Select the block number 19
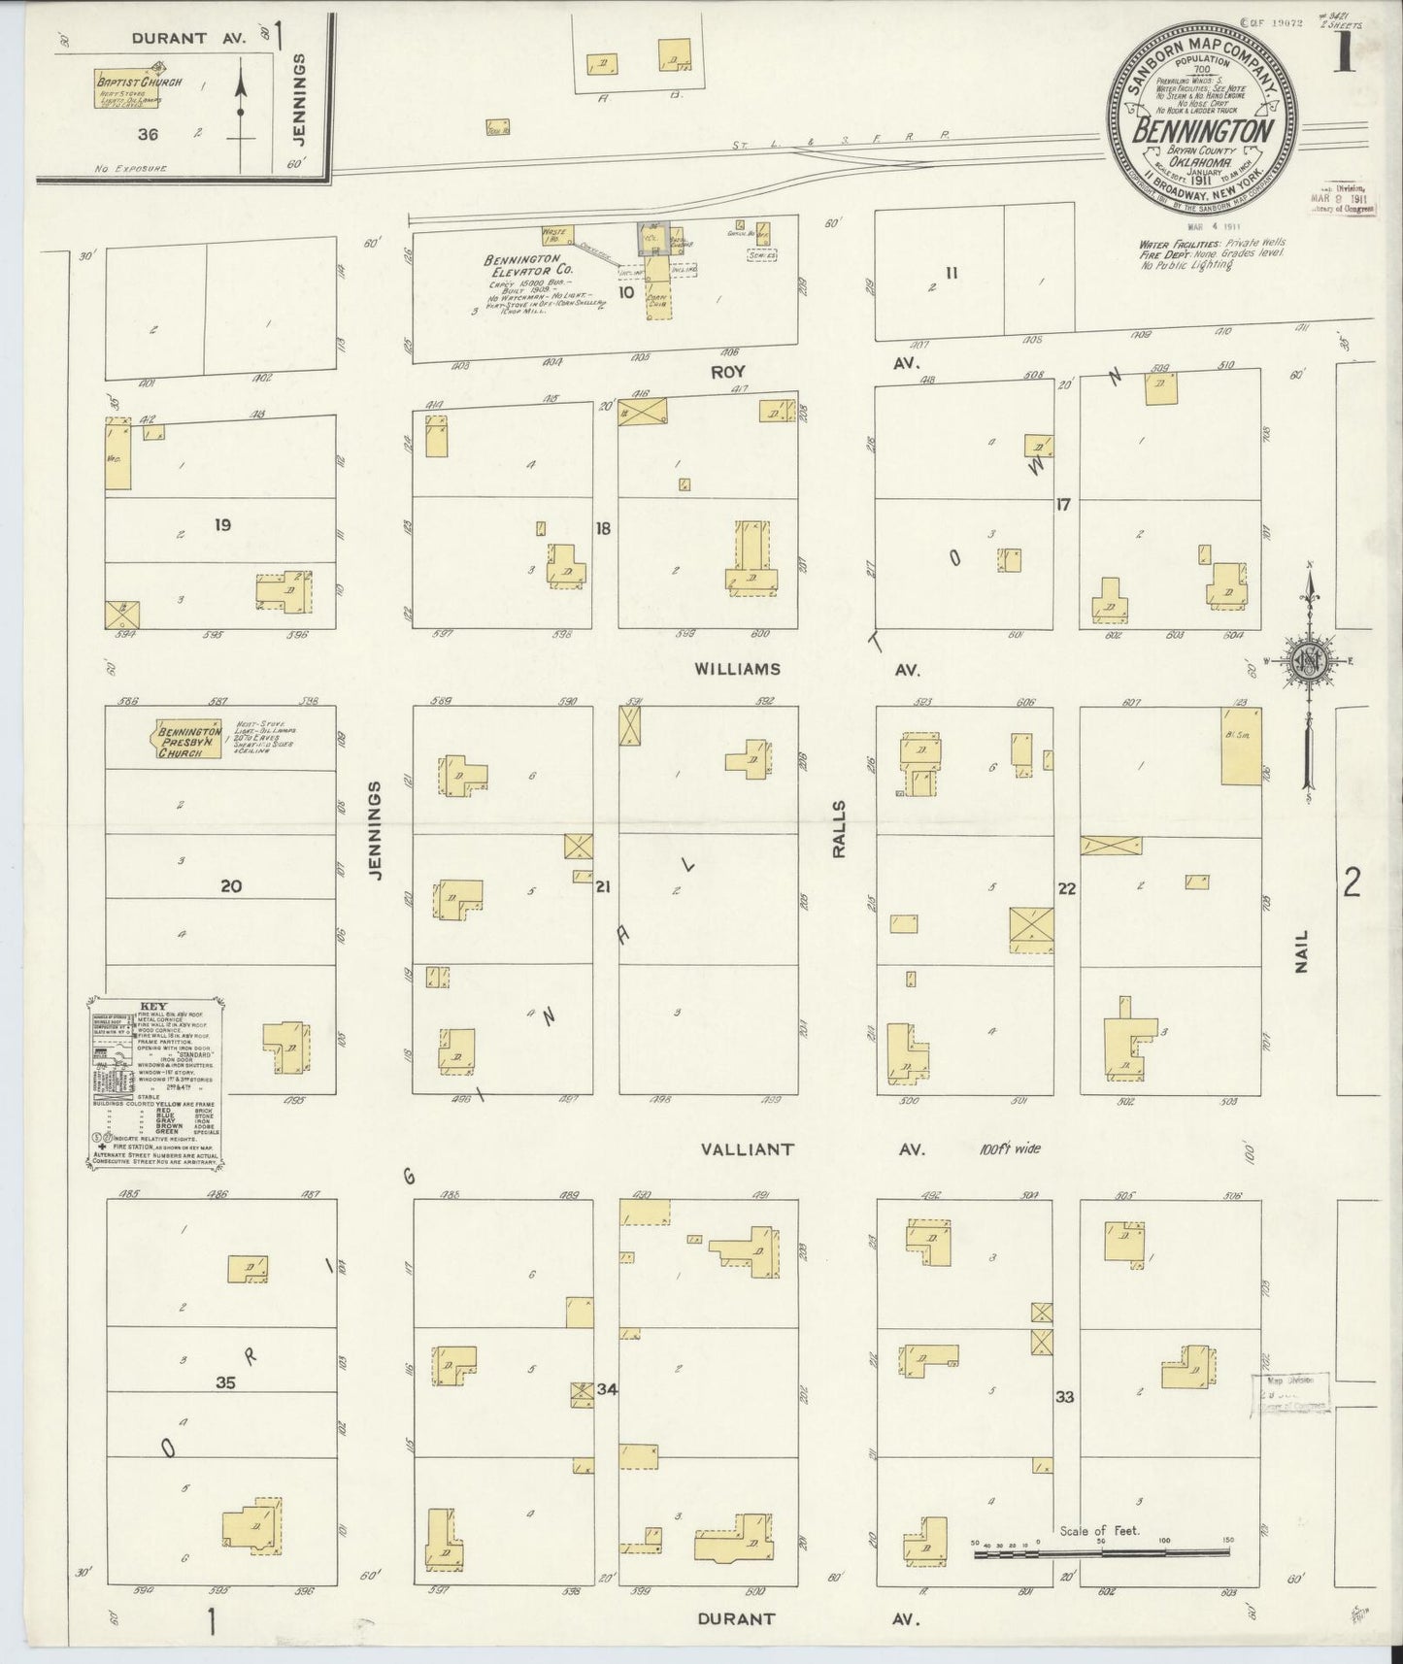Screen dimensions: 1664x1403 click(222, 525)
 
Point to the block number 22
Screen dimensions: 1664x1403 click(1066, 888)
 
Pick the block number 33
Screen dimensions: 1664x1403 click(1065, 1397)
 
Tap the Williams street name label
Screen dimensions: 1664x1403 click(738, 669)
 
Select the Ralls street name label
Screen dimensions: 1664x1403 click(840, 829)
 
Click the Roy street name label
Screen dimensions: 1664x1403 click(726, 371)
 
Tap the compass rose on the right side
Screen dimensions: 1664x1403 click(1309, 662)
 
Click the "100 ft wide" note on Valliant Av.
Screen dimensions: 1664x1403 click(1010, 1148)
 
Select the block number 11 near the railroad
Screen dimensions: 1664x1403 click(952, 273)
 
